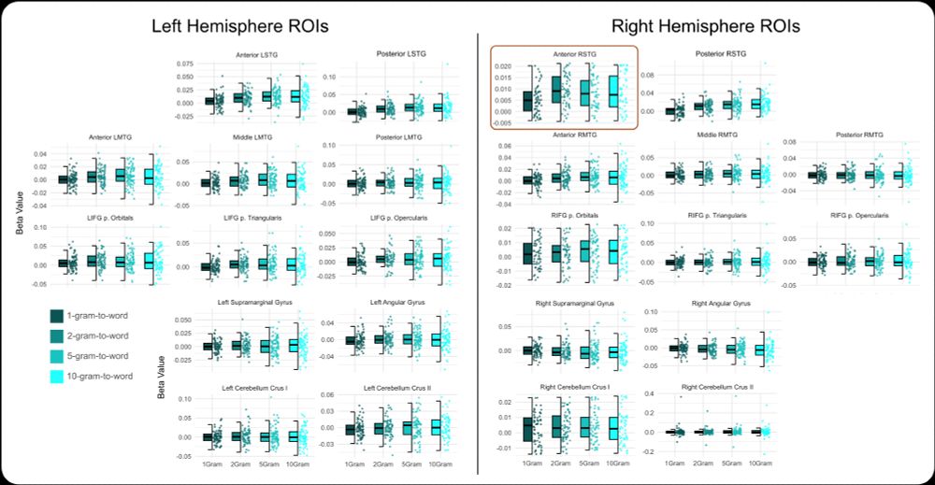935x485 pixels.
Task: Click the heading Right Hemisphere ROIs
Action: (x=705, y=25)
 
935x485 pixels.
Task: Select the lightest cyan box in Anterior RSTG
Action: (x=613, y=93)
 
